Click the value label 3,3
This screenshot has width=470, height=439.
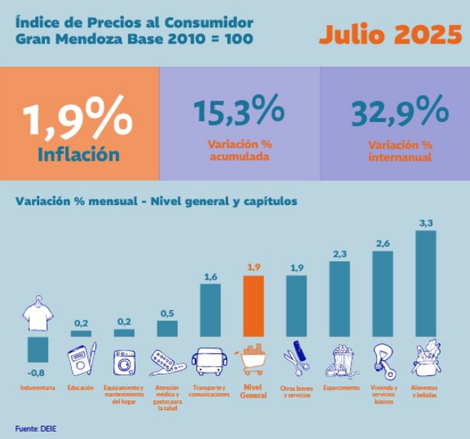(x=425, y=223)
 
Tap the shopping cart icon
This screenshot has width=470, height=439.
(x=254, y=359)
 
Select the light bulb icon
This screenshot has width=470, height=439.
(x=382, y=360)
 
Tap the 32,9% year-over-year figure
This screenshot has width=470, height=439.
(x=400, y=110)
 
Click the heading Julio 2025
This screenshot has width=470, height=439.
(x=390, y=35)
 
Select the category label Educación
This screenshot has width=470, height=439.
(x=80, y=388)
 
